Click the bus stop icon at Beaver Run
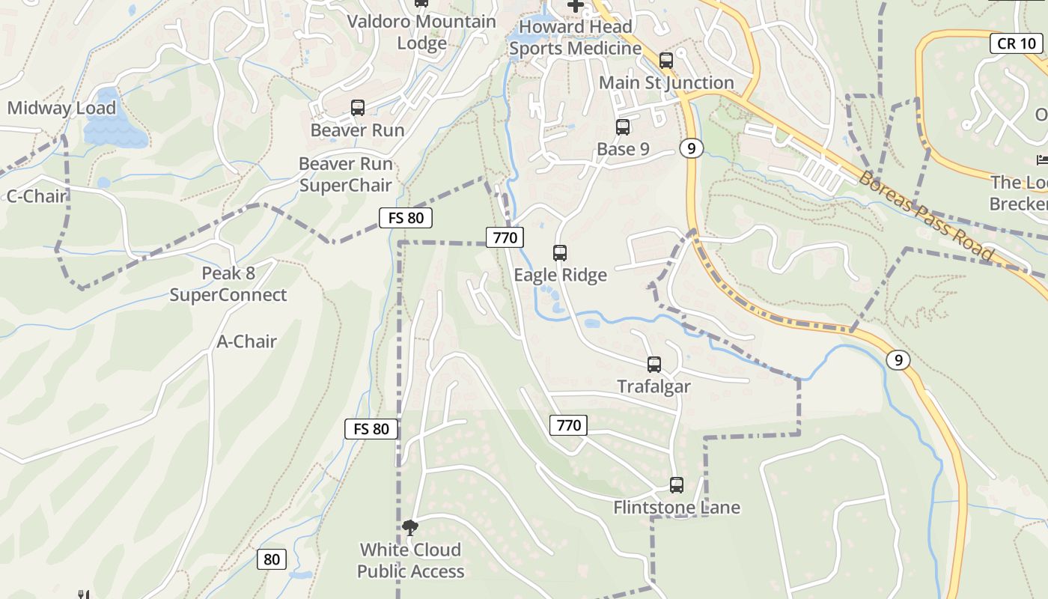358,108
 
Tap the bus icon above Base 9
622,127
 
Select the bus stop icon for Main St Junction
665,61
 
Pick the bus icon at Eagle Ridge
560,253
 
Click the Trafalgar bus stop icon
654,365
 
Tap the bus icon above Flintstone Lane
677,485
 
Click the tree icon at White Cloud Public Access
409,528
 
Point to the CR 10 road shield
1017,43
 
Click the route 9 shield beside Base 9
691,148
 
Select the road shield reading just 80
272,559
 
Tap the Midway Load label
61,108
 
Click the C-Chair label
37,196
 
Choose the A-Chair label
246,341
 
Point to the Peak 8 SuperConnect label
228,285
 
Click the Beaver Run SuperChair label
345,174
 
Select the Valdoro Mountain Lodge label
421,32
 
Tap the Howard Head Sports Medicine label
575,38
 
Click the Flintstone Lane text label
677,508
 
